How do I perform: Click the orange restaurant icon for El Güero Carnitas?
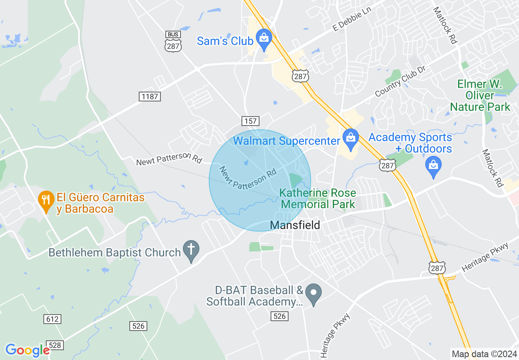(46, 200)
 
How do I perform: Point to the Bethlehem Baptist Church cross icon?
(190, 250)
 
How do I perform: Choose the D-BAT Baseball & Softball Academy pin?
(314, 293)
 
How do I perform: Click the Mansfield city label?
(295, 225)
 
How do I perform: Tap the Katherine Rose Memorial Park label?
(318, 198)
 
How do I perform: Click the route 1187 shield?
(149, 97)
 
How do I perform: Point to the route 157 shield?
(250, 121)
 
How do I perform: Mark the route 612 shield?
(52, 319)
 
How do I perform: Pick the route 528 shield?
(55, 345)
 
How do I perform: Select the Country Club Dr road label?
(400, 81)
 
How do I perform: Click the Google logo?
(27, 350)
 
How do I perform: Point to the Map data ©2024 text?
(483, 354)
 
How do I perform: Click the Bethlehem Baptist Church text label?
(115, 252)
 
